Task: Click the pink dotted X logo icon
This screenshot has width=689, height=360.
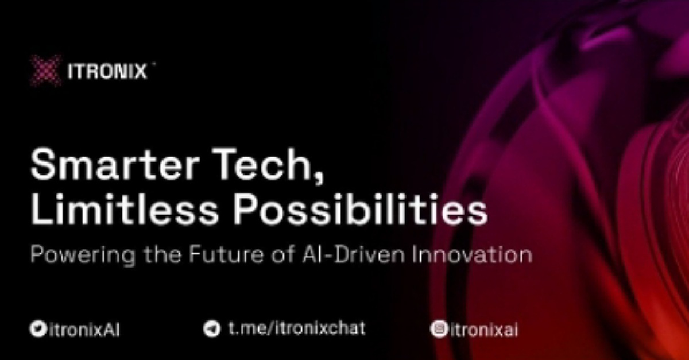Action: (x=45, y=71)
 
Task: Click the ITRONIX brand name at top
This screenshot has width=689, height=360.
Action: (x=107, y=71)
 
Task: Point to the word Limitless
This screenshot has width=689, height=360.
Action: (x=124, y=208)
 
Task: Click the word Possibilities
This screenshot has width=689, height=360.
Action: (x=360, y=208)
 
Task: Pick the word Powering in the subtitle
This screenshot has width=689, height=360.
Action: (x=83, y=255)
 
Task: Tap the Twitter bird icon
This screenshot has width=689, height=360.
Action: (x=38, y=328)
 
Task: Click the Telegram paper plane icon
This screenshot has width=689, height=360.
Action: (x=212, y=328)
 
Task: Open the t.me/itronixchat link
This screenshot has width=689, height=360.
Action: (x=297, y=328)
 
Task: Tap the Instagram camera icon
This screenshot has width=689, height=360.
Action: (x=439, y=329)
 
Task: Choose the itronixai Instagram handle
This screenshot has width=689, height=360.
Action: (x=483, y=330)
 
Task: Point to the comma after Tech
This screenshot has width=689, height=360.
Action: (x=319, y=179)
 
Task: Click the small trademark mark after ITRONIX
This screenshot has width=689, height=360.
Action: (x=154, y=64)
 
